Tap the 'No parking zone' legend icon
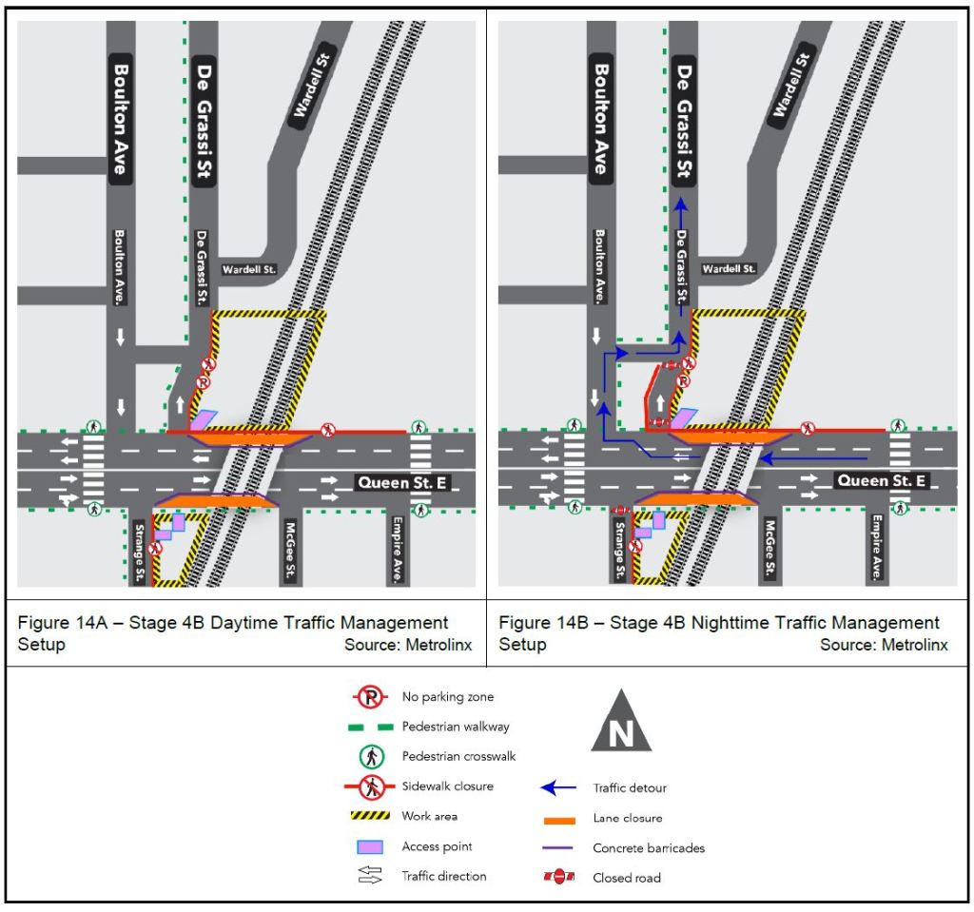(371, 698)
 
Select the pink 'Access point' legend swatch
(370, 846)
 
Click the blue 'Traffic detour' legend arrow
(558, 787)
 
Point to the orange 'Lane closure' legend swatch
(559, 820)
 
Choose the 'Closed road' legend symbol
(559, 877)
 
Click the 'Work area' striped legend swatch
(370, 815)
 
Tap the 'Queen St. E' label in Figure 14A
(402, 483)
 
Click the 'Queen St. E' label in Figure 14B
(882, 480)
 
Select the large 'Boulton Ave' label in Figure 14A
(121, 119)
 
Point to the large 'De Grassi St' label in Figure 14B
(683, 121)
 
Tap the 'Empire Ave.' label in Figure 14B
(876, 548)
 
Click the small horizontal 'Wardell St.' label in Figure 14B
(729, 269)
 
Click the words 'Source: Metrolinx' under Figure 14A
(408, 645)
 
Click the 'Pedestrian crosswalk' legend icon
(372, 757)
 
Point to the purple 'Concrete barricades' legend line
(557, 847)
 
